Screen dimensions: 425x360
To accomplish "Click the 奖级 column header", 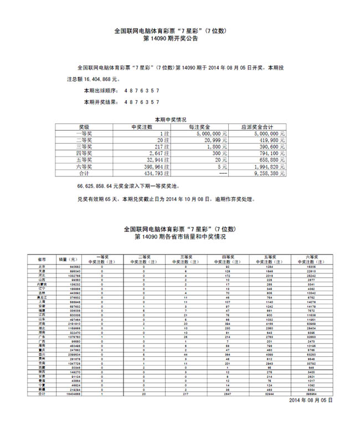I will click(x=84, y=127).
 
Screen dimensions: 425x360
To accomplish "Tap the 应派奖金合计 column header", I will click(x=257, y=127).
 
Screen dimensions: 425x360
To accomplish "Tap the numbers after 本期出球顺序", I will click(x=140, y=90).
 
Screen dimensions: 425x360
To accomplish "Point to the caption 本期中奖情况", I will click(x=171, y=120).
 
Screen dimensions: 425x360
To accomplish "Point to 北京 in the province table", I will click(x=42, y=266).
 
